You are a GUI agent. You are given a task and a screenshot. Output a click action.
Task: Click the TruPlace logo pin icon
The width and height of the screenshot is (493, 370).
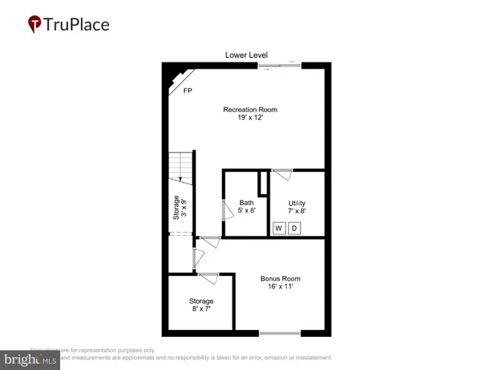pyautogui.click(x=35, y=25)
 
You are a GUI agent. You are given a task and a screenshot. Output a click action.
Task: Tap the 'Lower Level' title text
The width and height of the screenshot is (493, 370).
pyautogui.click(x=246, y=55)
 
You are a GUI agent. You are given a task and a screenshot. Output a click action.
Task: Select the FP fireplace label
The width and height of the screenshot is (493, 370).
pyautogui.click(x=187, y=91)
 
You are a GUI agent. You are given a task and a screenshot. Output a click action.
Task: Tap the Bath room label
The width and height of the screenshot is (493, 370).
pyautogui.click(x=246, y=203)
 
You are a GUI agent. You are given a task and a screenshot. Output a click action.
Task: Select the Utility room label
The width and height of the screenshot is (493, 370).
pyautogui.click(x=297, y=203)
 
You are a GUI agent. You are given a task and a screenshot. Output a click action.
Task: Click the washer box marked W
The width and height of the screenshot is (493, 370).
pyautogui.click(x=278, y=228)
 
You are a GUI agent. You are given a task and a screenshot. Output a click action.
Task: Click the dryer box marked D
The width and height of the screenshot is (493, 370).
pyautogui.click(x=293, y=228)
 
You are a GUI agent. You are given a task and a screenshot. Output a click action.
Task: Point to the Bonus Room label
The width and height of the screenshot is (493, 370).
pyautogui.click(x=280, y=278)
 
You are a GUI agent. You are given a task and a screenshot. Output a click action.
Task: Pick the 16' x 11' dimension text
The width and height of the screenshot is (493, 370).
pyautogui.click(x=280, y=287)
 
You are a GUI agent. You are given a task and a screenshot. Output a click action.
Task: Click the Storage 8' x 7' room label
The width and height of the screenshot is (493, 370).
pyautogui.click(x=201, y=301)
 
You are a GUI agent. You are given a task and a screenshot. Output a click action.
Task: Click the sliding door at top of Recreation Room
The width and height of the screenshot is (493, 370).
pyautogui.click(x=279, y=66)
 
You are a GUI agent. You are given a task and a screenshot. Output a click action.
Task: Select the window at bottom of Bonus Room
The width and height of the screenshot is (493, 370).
pyautogui.click(x=280, y=333)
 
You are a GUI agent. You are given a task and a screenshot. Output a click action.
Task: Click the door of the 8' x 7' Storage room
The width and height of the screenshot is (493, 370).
pyautogui.click(x=208, y=277)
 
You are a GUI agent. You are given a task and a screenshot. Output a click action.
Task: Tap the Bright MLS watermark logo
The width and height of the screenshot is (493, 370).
pyautogui.click(x=31, y=359)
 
